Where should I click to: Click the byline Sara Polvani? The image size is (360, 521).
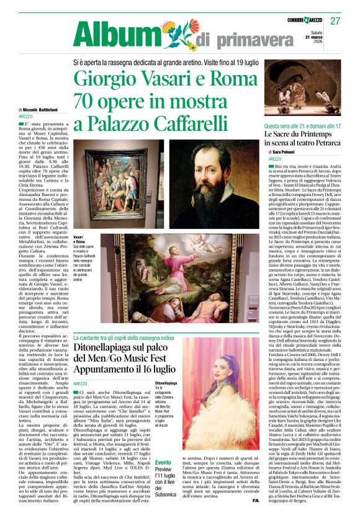point(285,151)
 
